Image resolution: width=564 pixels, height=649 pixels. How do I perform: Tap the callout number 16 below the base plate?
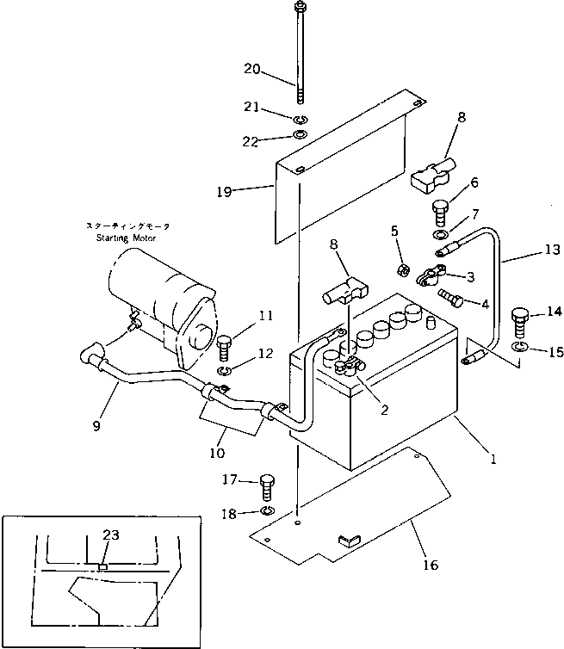click(430, 565)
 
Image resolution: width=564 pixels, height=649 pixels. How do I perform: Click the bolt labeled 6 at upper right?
click(439, 207)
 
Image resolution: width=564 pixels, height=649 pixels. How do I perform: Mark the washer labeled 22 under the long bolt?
click(300, 136)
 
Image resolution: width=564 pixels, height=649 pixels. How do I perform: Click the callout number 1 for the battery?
click(493, 459)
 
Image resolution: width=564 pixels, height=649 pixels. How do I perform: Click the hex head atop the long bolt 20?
click(300, 10)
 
